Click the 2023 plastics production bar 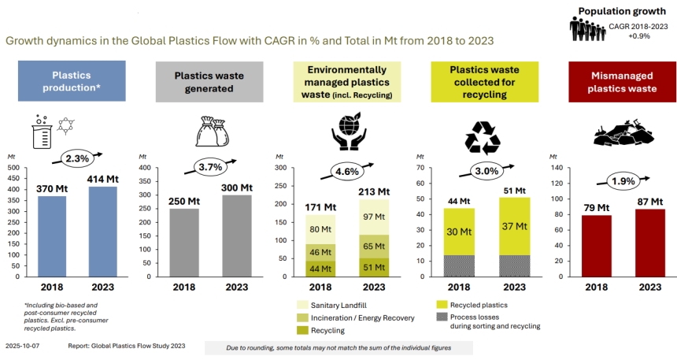103,232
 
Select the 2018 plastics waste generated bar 184,243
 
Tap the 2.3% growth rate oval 77,158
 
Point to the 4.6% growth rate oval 347,172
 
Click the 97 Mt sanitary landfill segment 374,217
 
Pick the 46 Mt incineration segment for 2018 320,252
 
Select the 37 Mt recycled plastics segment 514,226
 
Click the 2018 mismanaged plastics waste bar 596,246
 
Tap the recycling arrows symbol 483,137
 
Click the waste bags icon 212,132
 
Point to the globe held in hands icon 349,131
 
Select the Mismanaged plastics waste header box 622,82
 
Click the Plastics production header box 72,81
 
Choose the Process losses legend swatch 442,317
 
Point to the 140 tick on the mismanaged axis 557,168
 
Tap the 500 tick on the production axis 13,168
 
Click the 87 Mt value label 649,202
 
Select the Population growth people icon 587,29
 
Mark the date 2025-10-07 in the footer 23,346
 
